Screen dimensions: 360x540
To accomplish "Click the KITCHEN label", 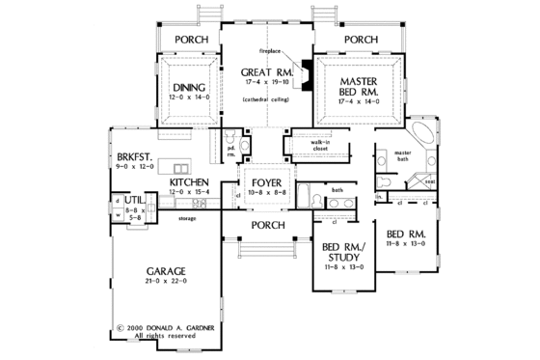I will click(x=190, y=181).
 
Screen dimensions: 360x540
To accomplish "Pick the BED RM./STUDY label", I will click(x=341, y=253).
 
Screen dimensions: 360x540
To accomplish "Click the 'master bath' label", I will click(x=402, y=154).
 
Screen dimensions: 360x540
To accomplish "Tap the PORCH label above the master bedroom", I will click(x=360, y=40).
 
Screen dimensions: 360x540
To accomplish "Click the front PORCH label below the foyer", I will click(x=266, y=225).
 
